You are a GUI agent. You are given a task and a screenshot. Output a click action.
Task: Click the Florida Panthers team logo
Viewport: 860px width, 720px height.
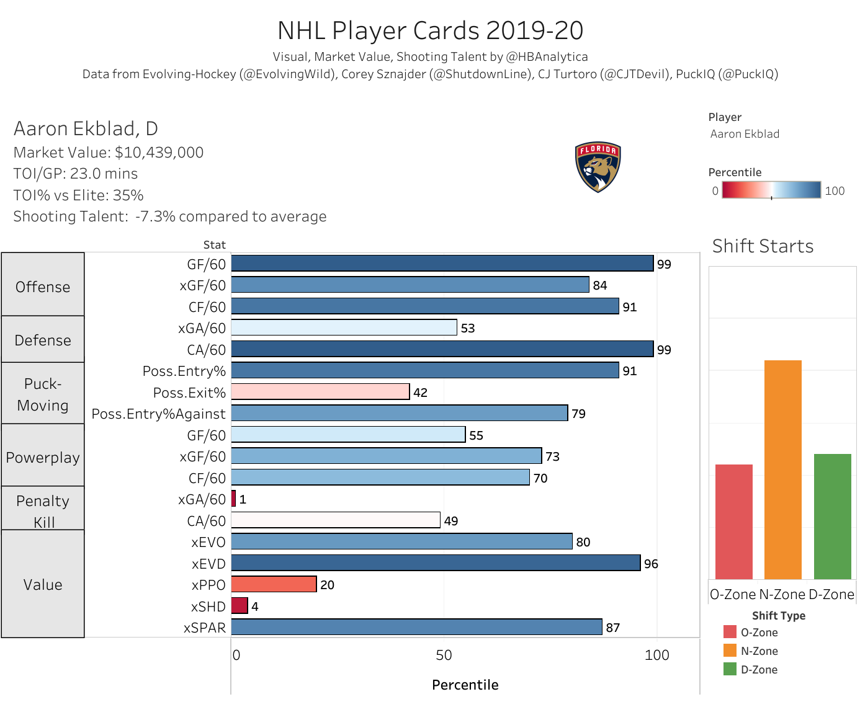[598, 167]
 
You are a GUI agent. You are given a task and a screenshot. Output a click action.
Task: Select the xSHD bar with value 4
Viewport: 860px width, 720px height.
[240, 606]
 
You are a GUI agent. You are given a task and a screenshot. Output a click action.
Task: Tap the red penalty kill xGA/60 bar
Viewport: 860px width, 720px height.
[234, 499]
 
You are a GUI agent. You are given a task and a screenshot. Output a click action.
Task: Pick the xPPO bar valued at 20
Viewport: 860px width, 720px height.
[274, 584]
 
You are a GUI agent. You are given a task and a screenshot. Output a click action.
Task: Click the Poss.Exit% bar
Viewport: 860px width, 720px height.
[320, 392]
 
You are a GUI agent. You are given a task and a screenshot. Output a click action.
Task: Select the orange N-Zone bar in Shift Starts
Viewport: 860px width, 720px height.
[782, 469]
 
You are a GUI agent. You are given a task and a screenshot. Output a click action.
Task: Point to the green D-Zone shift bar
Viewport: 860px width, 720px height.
[832, 516]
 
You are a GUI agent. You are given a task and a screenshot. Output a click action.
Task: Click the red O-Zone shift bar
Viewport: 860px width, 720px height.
[733, 522]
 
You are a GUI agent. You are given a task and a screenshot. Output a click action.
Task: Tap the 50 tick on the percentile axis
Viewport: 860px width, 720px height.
[444, 656]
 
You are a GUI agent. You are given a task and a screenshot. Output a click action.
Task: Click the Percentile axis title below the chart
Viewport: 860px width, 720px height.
[465, 685]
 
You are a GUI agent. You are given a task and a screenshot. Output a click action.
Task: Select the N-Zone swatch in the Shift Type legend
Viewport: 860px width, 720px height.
[730, 651]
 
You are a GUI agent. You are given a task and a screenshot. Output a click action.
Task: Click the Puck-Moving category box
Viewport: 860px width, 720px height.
[43, 394]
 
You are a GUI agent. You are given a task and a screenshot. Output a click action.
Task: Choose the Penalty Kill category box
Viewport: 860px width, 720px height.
[43, 509]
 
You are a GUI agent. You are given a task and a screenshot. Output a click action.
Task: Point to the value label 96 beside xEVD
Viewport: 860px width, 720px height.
[651, 564]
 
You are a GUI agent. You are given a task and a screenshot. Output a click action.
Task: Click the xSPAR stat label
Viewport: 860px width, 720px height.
[205, 628]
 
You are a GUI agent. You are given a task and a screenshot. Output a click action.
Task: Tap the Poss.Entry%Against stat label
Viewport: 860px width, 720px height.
[159, 414]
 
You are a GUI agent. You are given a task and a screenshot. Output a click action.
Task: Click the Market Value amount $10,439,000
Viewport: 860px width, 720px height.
[159, 153]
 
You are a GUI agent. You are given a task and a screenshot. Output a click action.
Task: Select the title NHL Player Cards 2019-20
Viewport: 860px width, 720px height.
[430, 30]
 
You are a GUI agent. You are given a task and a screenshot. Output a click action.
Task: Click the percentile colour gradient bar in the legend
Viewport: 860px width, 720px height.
[771, 190]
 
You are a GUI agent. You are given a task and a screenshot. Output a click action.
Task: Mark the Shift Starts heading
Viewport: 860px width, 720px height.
[763, 246]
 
